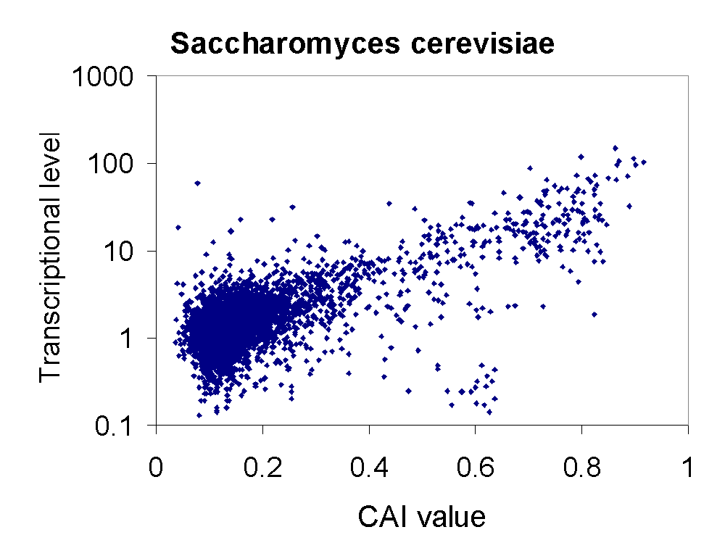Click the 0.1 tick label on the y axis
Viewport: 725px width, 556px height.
click(x=120, y=426)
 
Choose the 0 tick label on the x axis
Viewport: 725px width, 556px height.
click(x=156, y=466)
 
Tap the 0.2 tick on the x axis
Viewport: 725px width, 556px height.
click(x=262, y=466)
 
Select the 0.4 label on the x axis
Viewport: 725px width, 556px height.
click(x=369, y=466)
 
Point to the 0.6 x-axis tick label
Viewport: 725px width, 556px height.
click(x=475, y=466)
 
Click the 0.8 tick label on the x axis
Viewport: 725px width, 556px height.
click(x=581, y=466)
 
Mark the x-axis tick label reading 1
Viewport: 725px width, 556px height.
click(x=688, y=466)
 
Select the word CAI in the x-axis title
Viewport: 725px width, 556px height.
click(x=385, y=517)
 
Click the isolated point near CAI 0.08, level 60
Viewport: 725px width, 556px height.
click(x=197, y=183)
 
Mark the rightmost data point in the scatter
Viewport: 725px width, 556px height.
click(x=643, y=162)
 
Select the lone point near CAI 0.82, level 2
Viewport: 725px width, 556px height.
click(x=594, y=315)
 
